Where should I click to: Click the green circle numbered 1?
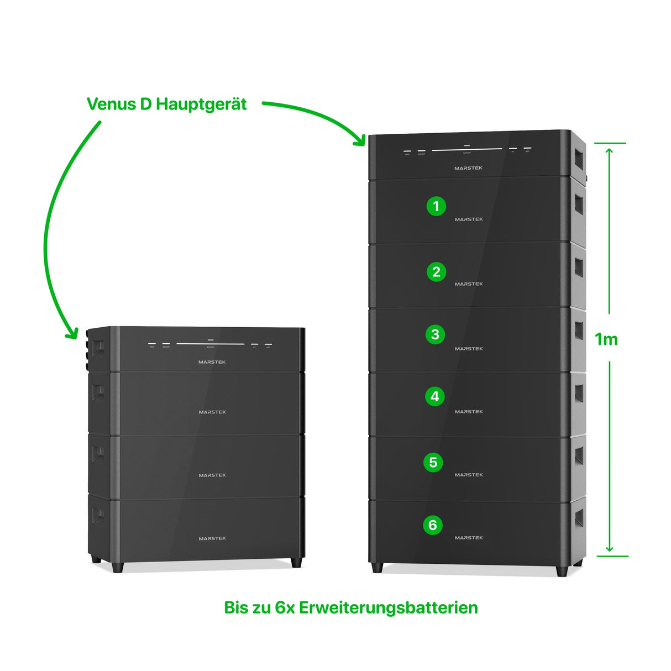pyautogui.click(x=436, y=206)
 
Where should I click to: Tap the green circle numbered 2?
pyautogui.click(x=436, y=271)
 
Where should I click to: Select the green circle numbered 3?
pyautogui.click(x=435, y=334)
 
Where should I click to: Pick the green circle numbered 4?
pyautogui.click(x=434, y=396)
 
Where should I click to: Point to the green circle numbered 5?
pyautogui.click(x=433, y=462)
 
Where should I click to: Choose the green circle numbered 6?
pyautogui.click(x=433, y=525)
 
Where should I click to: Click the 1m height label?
pyautogui.click(x=606, y=339)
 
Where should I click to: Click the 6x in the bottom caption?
pyautogui.click(x=285, y=607)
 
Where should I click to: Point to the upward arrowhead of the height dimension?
pyautogui.click(x=609, y=151)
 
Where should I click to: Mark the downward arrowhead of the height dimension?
pyautogui.click(x=609, y=548)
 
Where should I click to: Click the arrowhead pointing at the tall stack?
pyautogui.click(x=360, y=140)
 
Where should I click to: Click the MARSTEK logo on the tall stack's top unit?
pyautogui.click(x=468, y=168)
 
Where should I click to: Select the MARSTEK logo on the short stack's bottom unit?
pyautogui.click(x=212, y=538)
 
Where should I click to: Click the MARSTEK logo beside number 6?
pyautogui.click(x=469, y=538)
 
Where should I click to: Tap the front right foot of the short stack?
pyautogui.click(x=296, y=563)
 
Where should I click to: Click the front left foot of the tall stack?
pyautogui.click(x=377, y=568)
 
